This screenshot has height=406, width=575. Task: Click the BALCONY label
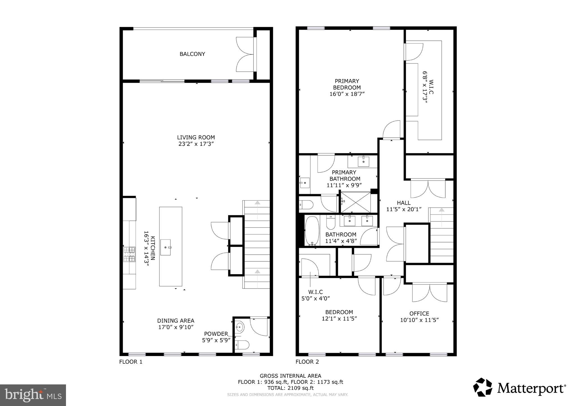pyautogui.click(x=192, y=54)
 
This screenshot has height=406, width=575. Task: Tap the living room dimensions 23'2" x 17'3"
pyautogui.click(x=196, y=144)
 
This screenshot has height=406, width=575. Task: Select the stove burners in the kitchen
pyautogui.click(x=129, y=254)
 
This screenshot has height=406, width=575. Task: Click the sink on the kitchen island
pyautogui.click(x=165, y=247)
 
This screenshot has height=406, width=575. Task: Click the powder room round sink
pyautogui.click(x=240, y=327)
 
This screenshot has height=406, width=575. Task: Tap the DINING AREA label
pyautogui.click(x=175, y=320)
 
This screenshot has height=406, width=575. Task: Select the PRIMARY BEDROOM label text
pyautogui.click(x=347, y=84)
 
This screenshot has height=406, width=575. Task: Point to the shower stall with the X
pyautogui.click(x=355, y=202)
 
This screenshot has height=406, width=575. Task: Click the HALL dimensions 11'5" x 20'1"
pyautogui.click(x=404, y=209)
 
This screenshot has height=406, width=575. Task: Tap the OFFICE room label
pyautogui.click(x=419, y=313)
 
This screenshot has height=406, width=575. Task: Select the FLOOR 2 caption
pyautogui.click(x=307, y=362)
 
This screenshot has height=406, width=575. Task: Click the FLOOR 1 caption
pyautogui.click(x=131, y=362)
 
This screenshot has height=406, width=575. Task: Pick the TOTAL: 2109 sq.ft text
pyautogui.click(x=290, y=388)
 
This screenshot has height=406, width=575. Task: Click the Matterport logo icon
pyautogui.click(x=483, y=387)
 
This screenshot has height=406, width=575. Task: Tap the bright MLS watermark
pyautogui.click(x=33, y=395)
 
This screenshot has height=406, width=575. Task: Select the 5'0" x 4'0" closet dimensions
pyautogui.click(x=316, y=299)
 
